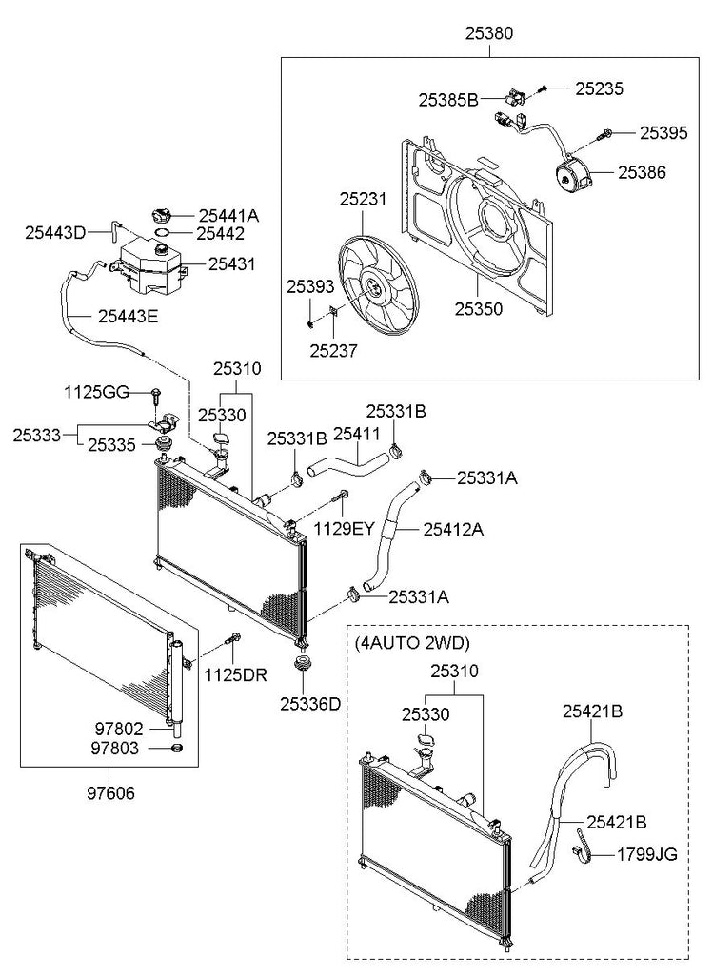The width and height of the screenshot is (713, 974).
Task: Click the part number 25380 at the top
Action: point(491,33)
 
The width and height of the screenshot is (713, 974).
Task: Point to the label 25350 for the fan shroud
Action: point(478,308)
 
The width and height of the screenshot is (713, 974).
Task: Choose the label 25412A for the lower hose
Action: point(452,529)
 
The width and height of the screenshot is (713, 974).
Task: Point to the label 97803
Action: point(119,748)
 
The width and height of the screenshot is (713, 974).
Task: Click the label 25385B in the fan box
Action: point(447,98)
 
